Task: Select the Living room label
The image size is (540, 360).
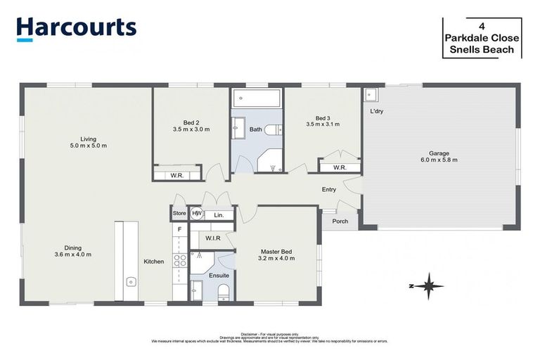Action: [x=88, y=139]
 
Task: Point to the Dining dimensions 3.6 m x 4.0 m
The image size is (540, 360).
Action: [x=73, y=255]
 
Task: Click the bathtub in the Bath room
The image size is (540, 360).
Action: [x=257, y=98]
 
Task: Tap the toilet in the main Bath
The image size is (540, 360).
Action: [x=276, y=129]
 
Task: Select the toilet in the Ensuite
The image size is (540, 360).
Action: [x=224, y=291]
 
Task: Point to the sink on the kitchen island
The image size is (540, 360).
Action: [x=131, y=282]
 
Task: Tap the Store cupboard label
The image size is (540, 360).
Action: [x=179, y=214]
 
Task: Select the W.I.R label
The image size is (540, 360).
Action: [x=214, y=238]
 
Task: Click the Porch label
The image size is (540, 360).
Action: [x=340, y=221]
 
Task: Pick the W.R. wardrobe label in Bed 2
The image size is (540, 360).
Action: [x=176, y=175]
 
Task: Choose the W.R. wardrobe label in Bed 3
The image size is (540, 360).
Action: [x=340, y=167]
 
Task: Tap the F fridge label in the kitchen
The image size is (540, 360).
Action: [x=179, y=229]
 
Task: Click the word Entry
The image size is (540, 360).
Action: [x=328, y=189]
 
